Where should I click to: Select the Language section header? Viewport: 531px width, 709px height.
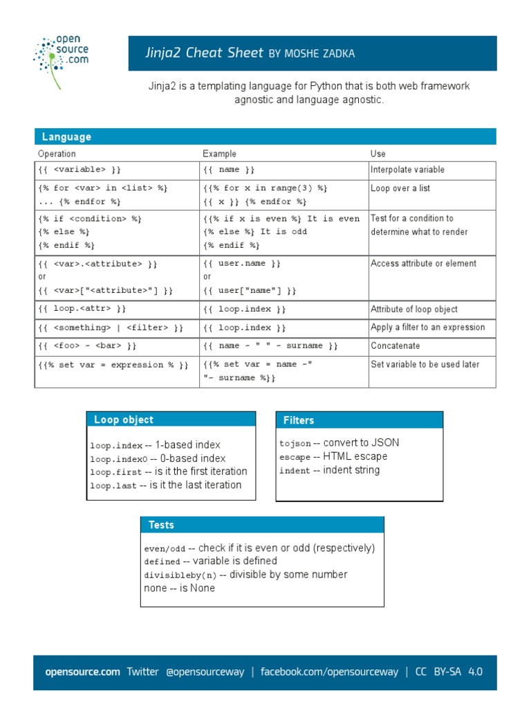pos(66,137)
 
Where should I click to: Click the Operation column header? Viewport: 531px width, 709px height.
pos(57,154)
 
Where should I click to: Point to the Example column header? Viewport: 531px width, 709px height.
pos(219,154)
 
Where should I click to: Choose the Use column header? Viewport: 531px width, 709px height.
pos(378,154)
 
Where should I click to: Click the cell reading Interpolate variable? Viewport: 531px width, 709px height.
pos(407,170)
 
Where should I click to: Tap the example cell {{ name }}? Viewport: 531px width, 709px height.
pos(229,170)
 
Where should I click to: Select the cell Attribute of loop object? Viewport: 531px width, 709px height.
pos(414,309)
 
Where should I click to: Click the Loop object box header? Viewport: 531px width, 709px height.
pos(124,420)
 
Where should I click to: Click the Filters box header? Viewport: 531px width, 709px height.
pos(299,420)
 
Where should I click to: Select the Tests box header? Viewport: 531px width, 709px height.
pos(161,525)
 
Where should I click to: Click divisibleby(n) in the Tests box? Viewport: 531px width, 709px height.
pos(180,575)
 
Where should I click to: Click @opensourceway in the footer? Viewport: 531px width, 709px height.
pos(205,672)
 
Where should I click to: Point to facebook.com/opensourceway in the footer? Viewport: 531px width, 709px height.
pos(329,672)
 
